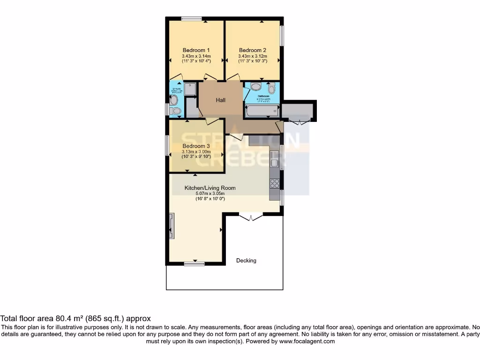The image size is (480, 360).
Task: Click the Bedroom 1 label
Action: [x=196, y=50]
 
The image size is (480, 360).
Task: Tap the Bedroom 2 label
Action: [x=253, y=50]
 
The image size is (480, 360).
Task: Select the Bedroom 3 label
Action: [x=196, y=146]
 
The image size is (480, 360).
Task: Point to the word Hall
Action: [x=221, y=100]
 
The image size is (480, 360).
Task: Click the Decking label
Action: [x=246, y=261]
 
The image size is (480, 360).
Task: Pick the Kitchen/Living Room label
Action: [x=210, y=188]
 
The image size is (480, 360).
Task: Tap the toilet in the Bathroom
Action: [x=271, y=88]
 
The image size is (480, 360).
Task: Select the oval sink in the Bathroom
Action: [x=256, y=87]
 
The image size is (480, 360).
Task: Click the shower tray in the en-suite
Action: [x=190, y=89]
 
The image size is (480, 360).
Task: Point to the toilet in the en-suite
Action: [x=175, y=111]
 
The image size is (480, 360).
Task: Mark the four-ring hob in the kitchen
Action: [x=275, y=184]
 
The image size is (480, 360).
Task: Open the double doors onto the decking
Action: [x=251, y=217]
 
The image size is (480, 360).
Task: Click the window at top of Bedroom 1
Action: [x=192, y=19]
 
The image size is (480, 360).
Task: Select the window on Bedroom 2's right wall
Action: [x=282, y=35]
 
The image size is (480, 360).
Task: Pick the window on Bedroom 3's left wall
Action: [x=168, y=147]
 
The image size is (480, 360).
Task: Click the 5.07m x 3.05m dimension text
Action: [x=210, y=194]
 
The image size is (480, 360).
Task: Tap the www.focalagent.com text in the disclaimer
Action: [x=307, y=342]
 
